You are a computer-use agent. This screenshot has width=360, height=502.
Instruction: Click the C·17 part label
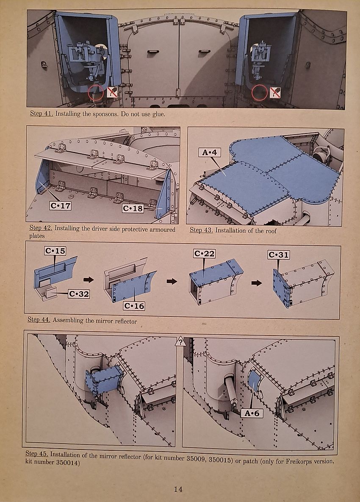click(60, 205)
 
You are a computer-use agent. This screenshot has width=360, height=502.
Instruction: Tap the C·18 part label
click(133, 208)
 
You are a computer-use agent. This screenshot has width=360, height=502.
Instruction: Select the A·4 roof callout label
click(210, 152)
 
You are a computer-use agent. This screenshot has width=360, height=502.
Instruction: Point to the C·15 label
click(55, 251)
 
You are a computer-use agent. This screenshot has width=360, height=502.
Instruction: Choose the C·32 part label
click(79, 294)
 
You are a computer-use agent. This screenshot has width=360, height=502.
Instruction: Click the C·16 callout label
click(134, 306)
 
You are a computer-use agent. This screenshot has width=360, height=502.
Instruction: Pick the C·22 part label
click(205, 254)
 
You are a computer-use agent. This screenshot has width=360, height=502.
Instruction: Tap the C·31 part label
click(279, 255)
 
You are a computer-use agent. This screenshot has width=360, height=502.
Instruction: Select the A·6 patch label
click(252, 413)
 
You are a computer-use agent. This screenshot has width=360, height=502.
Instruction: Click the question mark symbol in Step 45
click(180, 342)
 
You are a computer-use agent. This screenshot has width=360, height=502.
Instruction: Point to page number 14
click(178, 489)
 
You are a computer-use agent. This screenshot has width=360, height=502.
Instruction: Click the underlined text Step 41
click(42, 114)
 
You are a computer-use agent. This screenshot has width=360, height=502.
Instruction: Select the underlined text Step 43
click(201, 230)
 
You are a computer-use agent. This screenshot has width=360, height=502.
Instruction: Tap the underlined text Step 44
click(39, 319)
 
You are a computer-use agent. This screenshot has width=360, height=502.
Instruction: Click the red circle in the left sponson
click(96, 92)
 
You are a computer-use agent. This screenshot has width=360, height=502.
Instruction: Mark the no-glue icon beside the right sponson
click(275, 92)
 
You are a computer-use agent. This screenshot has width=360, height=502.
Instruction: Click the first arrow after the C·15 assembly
click(89, 280)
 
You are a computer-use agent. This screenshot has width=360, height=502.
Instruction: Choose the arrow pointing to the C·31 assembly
click(257, 283)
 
